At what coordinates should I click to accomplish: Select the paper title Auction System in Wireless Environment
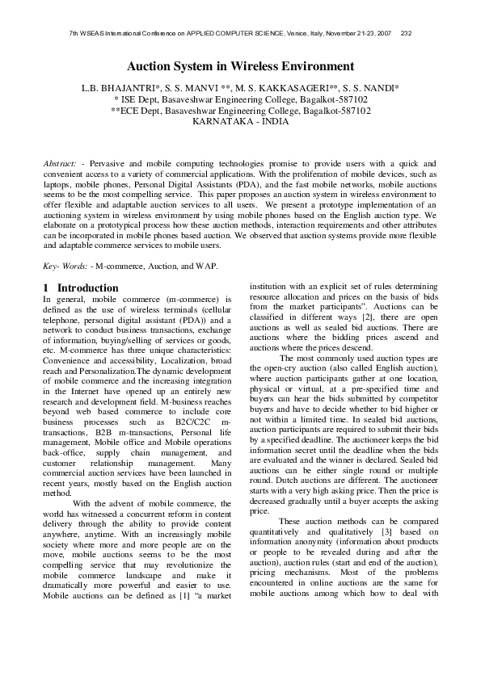[x=240, y=66]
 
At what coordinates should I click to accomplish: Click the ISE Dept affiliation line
[x=240, y=99]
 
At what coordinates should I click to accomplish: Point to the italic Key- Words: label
[x=65, y=266]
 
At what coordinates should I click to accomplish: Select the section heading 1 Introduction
[x=80, y=288]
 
